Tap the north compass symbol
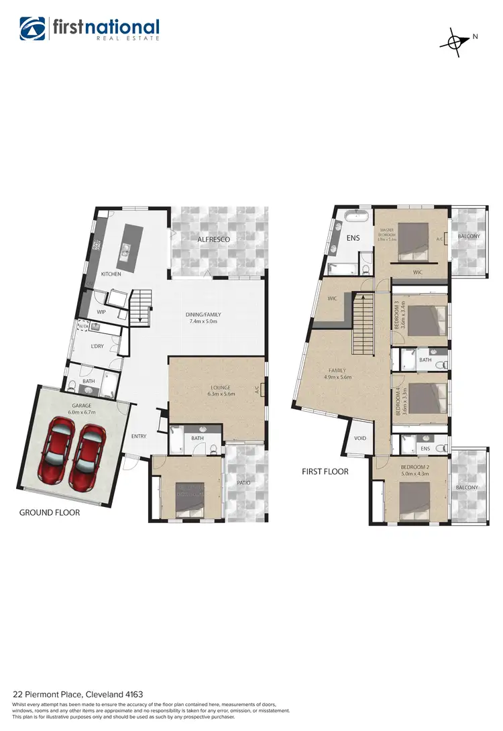click(x=455, y=42)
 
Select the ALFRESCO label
click(x=214, y=239)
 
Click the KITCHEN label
click(x=111, y=274)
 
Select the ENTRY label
click(x=139, y=437)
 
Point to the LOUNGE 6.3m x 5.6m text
click(x=221, y=391)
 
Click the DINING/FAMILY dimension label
click(x=203, y=318)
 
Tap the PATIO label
click(x=243, y=482)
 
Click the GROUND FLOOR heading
click(x=50, y=512)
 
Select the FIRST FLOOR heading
click(x=325, y=471)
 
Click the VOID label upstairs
click(x=360, y=438)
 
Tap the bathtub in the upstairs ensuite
click(x=355, y=215)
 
